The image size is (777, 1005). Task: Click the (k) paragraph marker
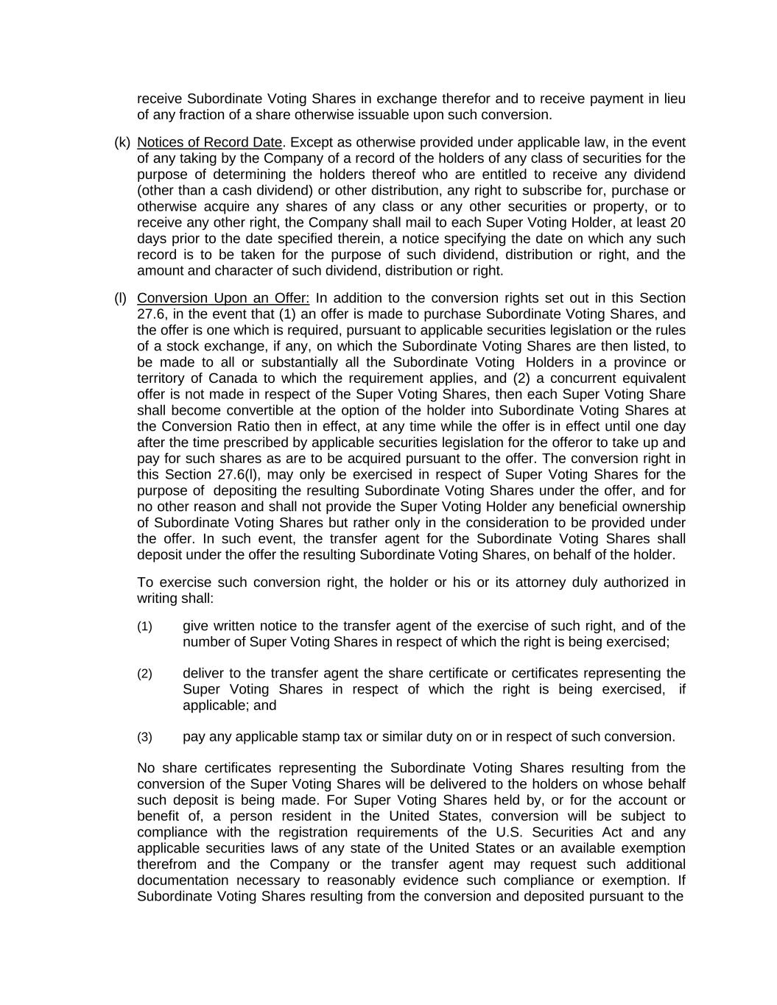pyautogui.click(x=122, y=143)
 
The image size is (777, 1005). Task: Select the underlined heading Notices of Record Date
pyautogui.click(x=209, y=143)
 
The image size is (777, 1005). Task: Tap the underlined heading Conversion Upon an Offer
pyautogui.click(x=223, y=298)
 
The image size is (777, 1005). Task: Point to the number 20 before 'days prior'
pyautogui.click(x=678, y=222)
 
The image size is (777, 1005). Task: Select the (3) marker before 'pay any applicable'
pyautogui.click(x=144, y=737)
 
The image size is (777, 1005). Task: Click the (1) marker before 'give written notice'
pyautogui.click(x=144, y=627)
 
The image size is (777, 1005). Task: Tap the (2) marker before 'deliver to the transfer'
pyautogui.click(x=144, y=674)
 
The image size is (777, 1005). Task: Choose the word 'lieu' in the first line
pyautogui.click(x=673, y=99)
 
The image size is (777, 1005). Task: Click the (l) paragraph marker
pyautogui.click(x=120, y=298)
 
